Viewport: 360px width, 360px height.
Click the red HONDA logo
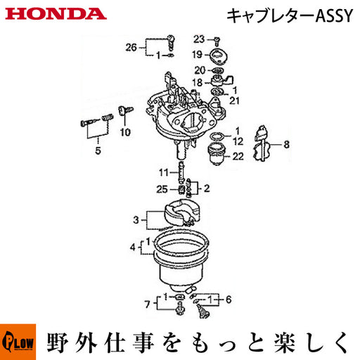[x=56, y=14]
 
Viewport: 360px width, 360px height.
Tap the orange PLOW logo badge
[x=18, y=342]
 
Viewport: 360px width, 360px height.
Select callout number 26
[x=131, y=48]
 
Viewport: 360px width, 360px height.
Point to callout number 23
[x=199, y=39]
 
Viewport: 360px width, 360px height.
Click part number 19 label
[x=198, y=55]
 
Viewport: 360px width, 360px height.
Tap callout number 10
[x=125, y=132]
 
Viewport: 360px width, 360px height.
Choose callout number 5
[x=98, y=150]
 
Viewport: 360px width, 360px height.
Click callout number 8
[x=287, y=145]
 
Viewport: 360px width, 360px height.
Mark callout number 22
[x=238, y=156]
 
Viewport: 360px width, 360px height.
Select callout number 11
[x=164, y=173]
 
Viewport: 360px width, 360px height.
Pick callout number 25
[x=162, y=189]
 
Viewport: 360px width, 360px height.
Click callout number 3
[x=136, y=220]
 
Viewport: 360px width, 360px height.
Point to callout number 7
[x=147, y=304]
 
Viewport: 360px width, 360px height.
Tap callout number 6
[x=229, y=300]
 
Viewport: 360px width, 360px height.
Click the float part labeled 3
[x=182, y=212]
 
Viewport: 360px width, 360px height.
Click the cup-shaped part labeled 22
[x=217, y=153]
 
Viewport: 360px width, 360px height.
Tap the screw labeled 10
[x=126, y=110]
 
